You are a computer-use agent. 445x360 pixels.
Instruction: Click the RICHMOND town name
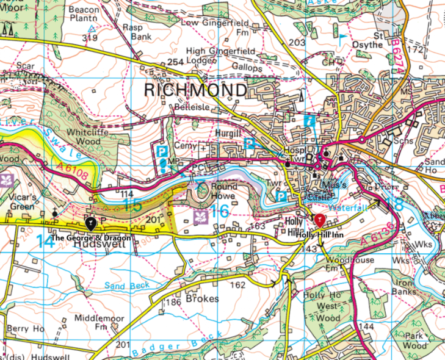coord(195,90)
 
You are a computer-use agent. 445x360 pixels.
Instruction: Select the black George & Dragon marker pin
coord(90,223)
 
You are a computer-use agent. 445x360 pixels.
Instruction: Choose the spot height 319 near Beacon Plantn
coord(90,38)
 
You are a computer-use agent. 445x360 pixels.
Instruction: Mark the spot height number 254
coord(175,62)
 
